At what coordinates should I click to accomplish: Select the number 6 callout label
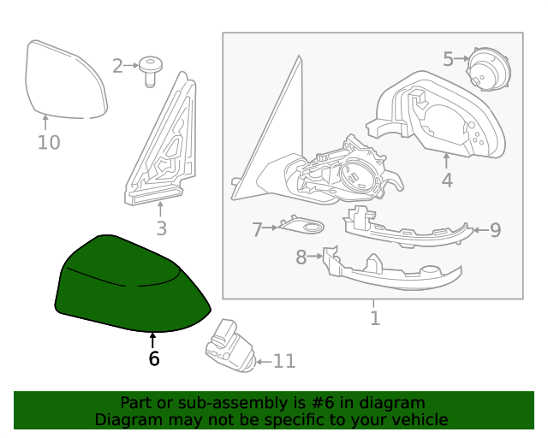[153, 359]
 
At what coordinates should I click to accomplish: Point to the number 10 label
[49, 142]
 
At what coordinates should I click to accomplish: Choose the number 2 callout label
[118, 65]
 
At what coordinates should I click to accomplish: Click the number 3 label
[161, 228]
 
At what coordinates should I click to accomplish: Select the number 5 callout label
[449, 59]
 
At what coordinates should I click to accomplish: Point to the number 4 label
[447, 180]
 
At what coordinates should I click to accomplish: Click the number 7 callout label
[257, 229]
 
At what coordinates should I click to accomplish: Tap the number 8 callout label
[301, 257]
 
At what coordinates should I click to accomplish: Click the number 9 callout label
[495, 229]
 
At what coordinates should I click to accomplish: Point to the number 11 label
[283, 362]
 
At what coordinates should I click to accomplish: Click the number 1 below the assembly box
[374, 319]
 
